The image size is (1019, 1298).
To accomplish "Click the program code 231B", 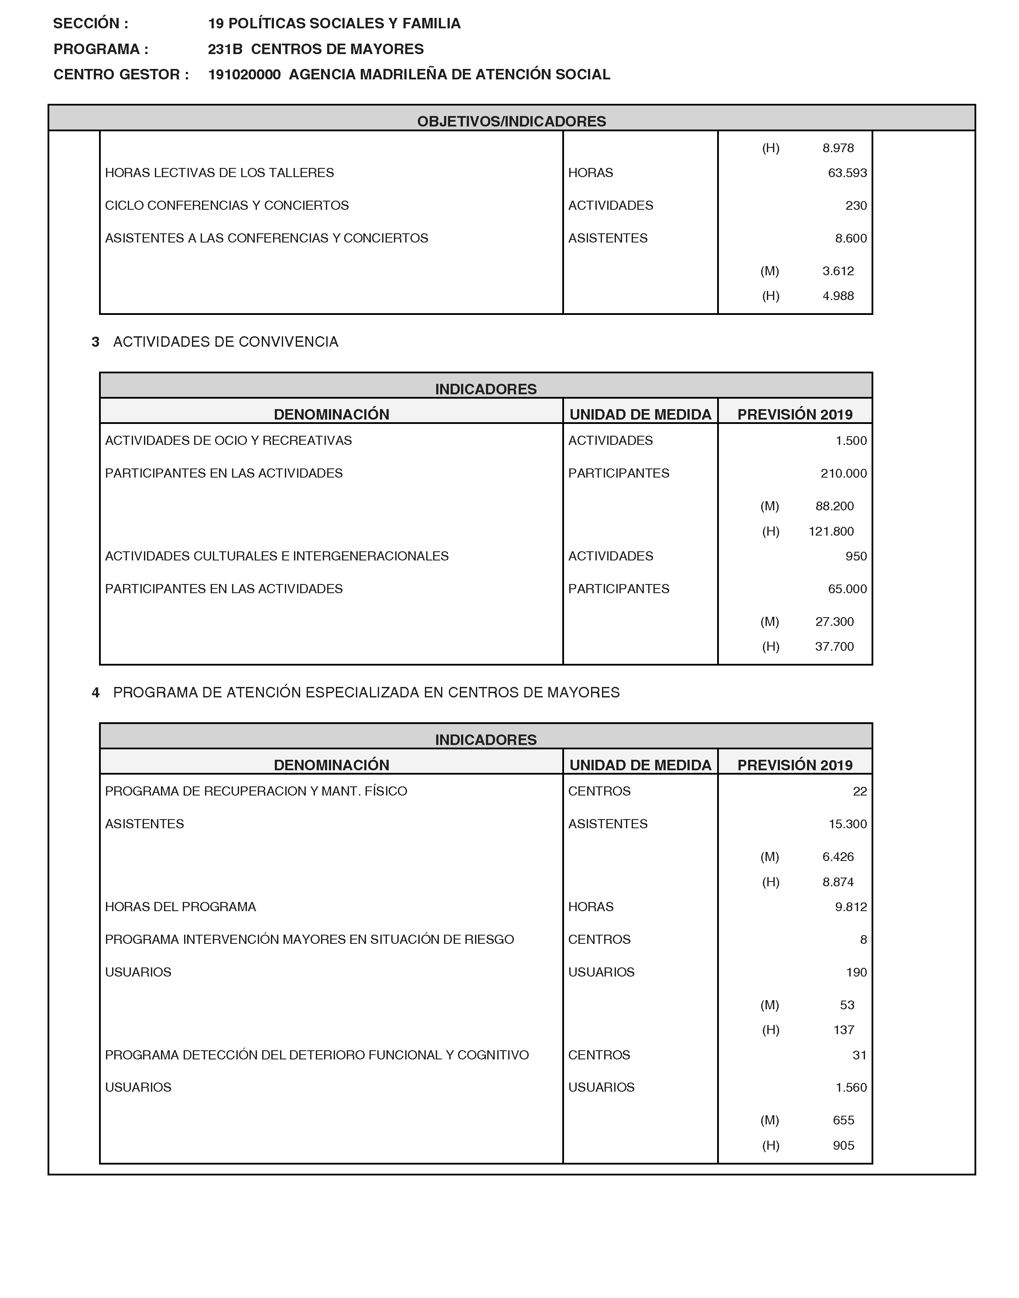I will (x=225, y=50).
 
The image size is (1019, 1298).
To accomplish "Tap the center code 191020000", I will (x=244, y=75).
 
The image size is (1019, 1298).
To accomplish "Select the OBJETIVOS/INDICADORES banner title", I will (x=511, y=121).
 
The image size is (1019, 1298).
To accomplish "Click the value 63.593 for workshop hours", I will (x=847, y=173).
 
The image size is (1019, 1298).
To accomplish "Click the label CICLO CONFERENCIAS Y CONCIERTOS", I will (x=227, y=206).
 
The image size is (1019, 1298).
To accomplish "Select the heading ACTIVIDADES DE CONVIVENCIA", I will (x=226, y=342).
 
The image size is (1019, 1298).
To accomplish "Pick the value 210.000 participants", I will (x=844, y=474).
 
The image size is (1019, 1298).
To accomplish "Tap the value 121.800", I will (x=831, y=532).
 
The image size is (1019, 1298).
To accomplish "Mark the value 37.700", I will (x=834, y=647).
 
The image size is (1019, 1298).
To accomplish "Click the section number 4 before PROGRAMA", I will (x=96, y=693).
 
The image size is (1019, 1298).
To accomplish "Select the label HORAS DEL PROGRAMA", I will (x=180, y=907).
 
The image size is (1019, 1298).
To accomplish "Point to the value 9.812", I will (x=851, y=907).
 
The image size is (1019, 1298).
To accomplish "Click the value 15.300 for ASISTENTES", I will (x=847, y=824).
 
